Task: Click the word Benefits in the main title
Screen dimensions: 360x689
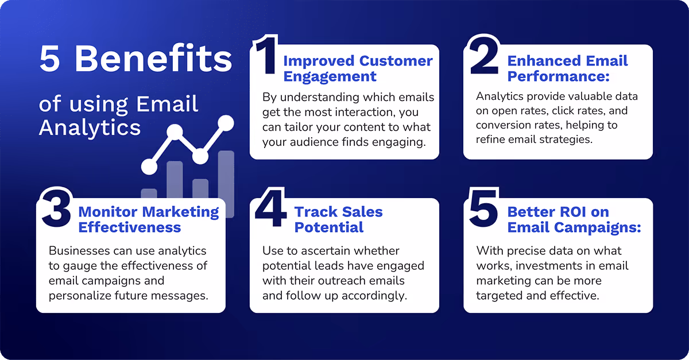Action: pyautogui.click(x=153, y=59)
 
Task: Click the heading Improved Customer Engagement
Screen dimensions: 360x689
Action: pyautogui.click(x=357, y=68)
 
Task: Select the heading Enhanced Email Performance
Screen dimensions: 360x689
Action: pyautogui.click(x=567, y=68)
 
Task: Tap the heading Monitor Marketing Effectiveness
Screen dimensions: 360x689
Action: pyautogui.click(x=148, y=219)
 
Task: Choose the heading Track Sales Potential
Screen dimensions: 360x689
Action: pyautogui.click(x=338, y=219)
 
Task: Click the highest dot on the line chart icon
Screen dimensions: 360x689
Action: pyautogui.click(x=226, y=122)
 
